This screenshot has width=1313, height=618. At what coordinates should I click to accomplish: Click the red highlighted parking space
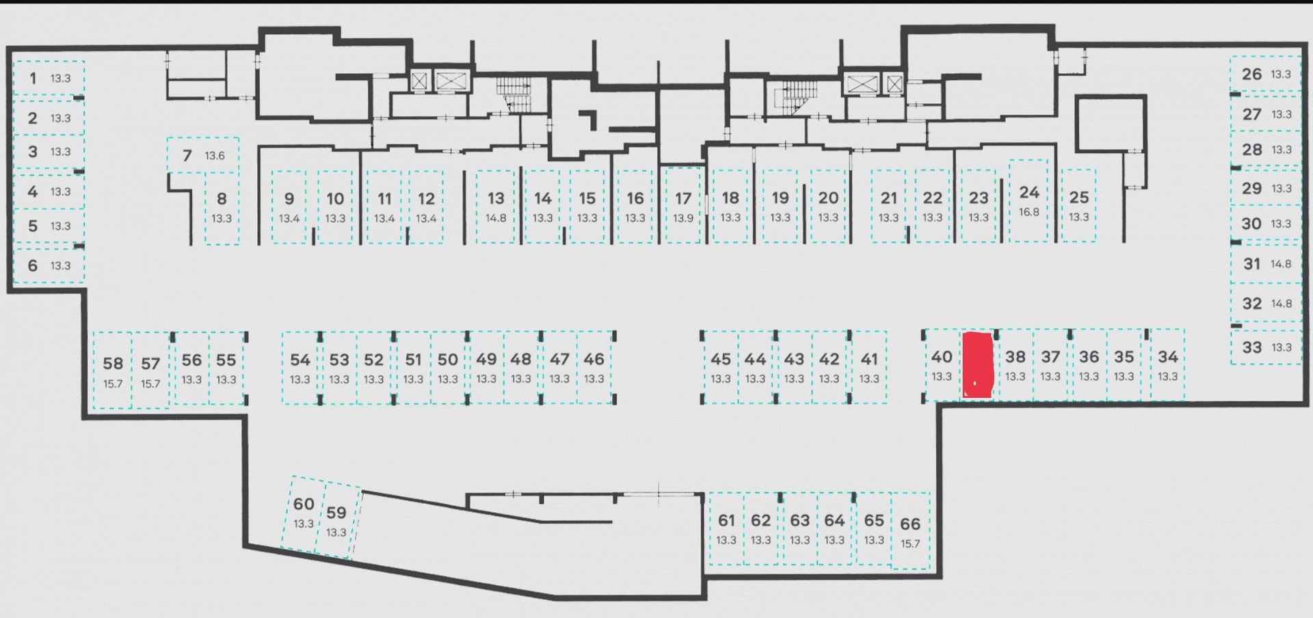[977, 364]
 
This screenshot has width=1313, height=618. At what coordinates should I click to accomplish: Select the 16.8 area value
[1029, 213]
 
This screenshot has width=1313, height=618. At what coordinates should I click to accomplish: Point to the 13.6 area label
[215, 156]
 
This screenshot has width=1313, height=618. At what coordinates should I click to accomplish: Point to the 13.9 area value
[683, 219]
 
